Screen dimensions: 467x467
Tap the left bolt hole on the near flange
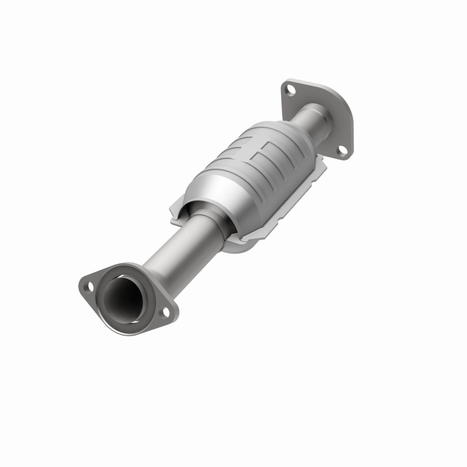[x=88, y=287]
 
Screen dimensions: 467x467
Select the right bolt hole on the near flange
[x=165, y=312]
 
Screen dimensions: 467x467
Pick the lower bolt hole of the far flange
[x=343, y=149]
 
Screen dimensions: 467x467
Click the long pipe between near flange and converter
[x=175, y=251]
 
